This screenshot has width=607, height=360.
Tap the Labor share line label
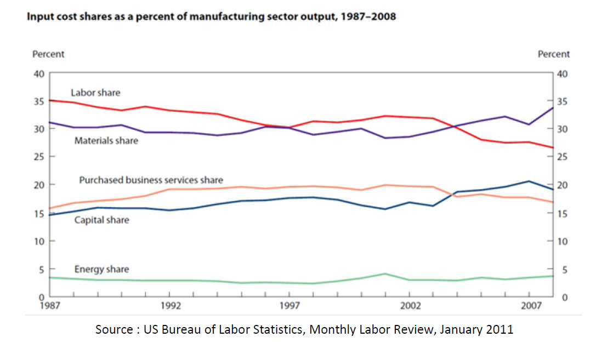coord(95,93)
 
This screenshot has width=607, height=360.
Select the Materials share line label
coord(106,141)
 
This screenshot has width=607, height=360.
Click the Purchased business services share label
coord(151,180)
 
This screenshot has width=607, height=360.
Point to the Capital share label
coord(102,220)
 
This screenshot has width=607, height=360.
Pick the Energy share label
coord(102,269)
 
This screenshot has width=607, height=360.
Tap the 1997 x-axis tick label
coord(290,305)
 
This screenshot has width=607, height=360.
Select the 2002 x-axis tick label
coord(409,305)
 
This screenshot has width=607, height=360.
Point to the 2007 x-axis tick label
coord(529,305)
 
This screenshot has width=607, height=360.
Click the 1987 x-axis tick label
coord(50,305)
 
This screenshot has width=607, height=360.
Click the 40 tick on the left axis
coord(38,73)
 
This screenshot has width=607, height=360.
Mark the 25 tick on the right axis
coord(563,157)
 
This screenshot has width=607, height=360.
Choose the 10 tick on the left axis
coord(38,241)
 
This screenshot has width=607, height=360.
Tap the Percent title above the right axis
coord(554,54)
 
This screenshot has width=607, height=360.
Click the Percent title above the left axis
coord(48,54)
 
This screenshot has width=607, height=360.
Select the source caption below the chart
coord(304,329)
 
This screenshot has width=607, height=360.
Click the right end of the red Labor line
coord(553,147)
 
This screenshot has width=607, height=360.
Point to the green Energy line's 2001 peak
coord(385,274)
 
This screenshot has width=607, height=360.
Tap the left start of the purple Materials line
coord(50,122)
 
